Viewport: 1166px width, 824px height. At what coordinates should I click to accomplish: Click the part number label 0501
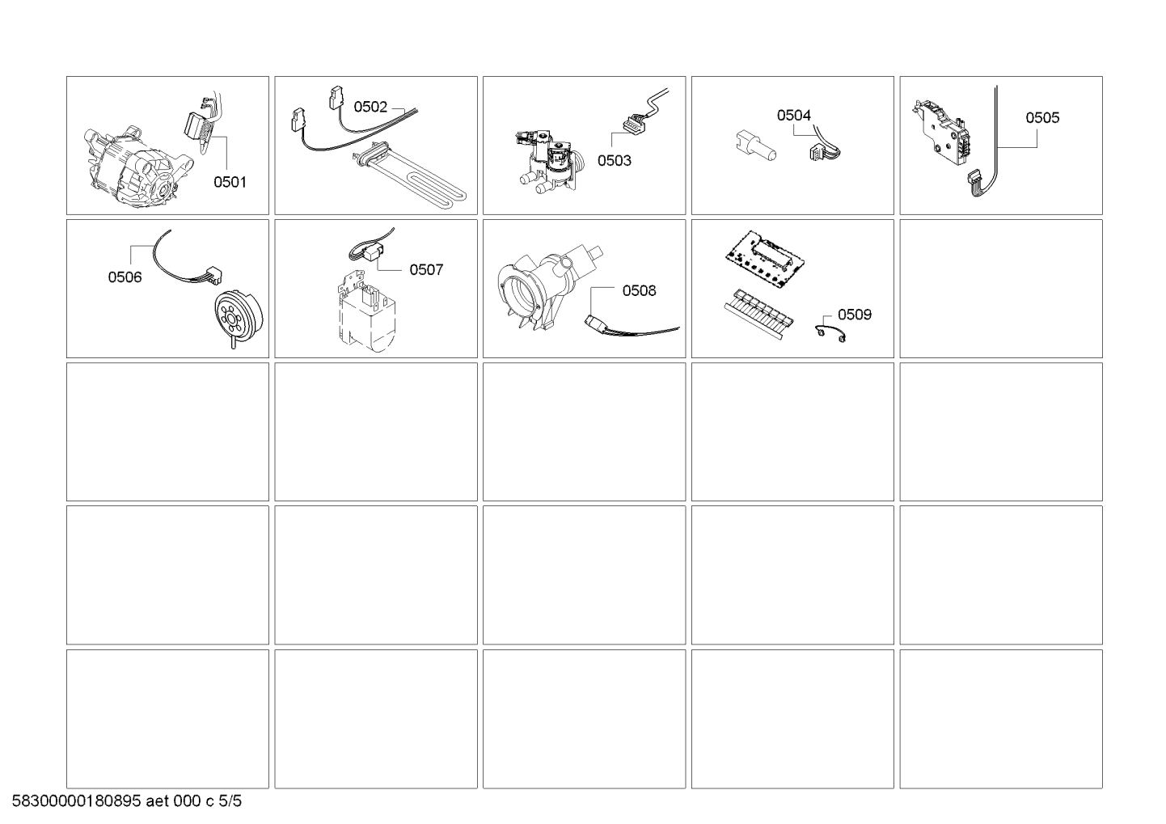230,182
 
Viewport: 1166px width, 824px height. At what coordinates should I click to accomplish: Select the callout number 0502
370,107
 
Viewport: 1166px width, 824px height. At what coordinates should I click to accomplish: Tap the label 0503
615,160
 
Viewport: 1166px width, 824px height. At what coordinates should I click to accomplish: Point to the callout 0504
794,115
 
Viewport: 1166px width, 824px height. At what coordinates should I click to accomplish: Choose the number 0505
1042,117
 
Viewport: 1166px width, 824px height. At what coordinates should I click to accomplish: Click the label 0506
125,277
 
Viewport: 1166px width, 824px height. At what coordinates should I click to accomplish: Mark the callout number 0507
426,269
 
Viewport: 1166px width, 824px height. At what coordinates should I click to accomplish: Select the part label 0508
640,290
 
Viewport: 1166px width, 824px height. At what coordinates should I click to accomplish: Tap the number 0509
854,315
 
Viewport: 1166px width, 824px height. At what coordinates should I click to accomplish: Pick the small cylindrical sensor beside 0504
756,146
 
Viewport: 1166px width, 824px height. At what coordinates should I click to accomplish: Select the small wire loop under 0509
830,334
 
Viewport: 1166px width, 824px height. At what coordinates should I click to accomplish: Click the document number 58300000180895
77,801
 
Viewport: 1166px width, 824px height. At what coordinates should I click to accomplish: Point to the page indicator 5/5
230,801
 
